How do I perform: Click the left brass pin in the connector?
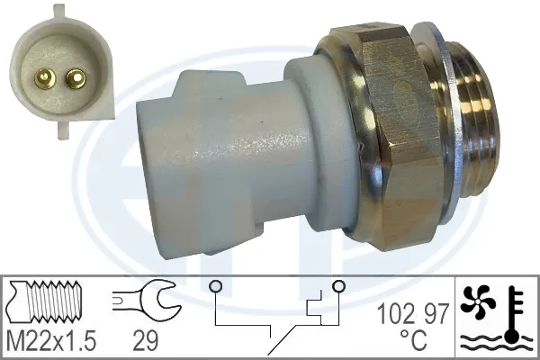[43, 76]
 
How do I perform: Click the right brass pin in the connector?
[75, 78]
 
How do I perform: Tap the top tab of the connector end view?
[61, 11]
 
